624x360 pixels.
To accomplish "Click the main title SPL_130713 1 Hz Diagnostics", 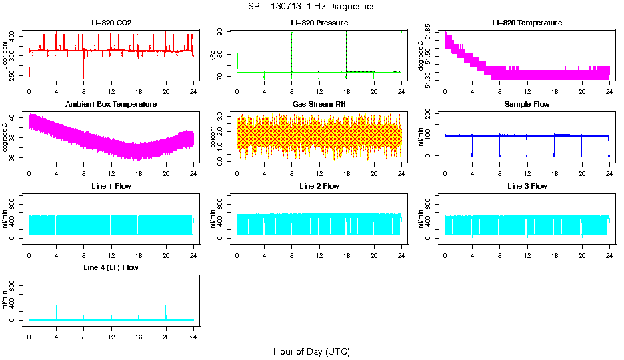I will (x=311, y=6).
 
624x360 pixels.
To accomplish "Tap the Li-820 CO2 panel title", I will (x=111, y=23).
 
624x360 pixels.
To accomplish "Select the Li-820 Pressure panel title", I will (x=319, y=23).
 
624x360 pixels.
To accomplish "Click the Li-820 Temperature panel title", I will (x=527, y=23).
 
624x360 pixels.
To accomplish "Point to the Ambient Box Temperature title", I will (x=111, y=104).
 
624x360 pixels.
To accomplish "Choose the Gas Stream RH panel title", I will (x=319, y=104).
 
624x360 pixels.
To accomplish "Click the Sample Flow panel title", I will (x=527, y=104).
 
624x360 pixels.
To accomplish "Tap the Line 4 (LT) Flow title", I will (x=111, y=267).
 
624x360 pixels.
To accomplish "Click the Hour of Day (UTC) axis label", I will (x=311, y=351).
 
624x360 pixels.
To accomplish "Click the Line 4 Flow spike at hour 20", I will (x=166, y=310).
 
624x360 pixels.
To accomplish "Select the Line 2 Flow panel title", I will (x=319, y=186).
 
